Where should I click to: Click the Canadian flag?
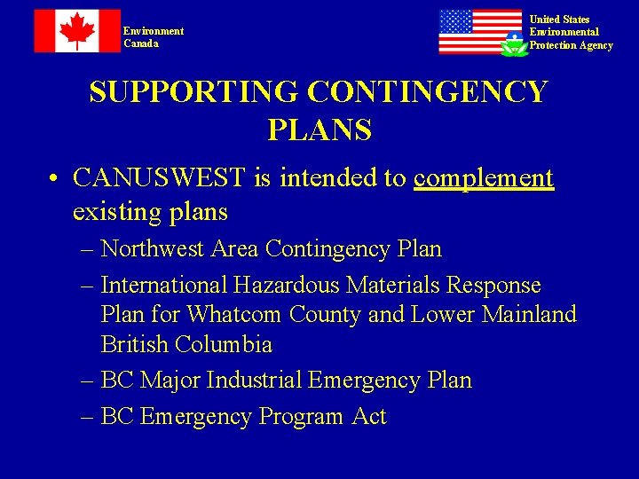pyautogui.click(x=77, y=31)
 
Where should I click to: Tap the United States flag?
pyautogui.click(x=480, y=32)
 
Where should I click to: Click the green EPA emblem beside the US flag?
pyautogui.click(x=514, y=44)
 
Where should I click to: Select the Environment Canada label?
pyautogui.click(x=154, y=37)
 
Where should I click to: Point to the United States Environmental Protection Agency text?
pyautogui.click(x=571, y=33)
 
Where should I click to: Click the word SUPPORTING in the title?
pyautogui.click(x=193, y=92)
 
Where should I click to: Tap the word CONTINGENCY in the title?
pyautogui.click(x=427, y=92)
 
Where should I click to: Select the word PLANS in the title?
pyautogui.click(x=319, y=131)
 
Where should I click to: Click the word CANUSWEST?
pyautogui.click(x=161, y=178)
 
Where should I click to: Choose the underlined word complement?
pyautogui.click(x=484, y=178)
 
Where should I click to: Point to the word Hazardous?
pyautogui.click(x=287, y=286)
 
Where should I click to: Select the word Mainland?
pyautogui.click(x=529, y=315)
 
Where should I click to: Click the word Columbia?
pyautogui.click(x=223, y=344)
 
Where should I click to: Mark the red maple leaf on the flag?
pyautogui.click(x=77, y=31)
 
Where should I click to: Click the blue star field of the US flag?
pyautogui.click(x=456, y=21)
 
